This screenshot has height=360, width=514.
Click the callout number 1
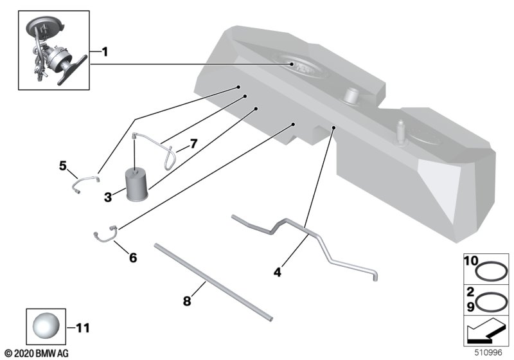[x=105, y=52]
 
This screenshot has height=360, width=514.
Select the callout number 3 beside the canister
[x=108, y=197]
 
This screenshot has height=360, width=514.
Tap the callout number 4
[x=278, y=272]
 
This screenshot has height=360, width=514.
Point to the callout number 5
[x=62, y=166]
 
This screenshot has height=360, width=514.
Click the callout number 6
[x=133, y=257]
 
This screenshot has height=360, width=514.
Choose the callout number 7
[x=193, y=143]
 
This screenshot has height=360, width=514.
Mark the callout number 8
[x=187, y=301]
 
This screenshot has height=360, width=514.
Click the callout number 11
[x=83, y=328]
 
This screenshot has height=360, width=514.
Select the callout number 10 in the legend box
[x=472, y=261]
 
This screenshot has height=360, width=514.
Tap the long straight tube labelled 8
[x=213, y=282]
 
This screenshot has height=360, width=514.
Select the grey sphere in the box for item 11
[x=46, y=326]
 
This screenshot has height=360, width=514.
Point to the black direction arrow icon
[x=485, y=332]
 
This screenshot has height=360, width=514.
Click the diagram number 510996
[x=488, y=353]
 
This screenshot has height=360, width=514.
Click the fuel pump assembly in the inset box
[x=54, y=51]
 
